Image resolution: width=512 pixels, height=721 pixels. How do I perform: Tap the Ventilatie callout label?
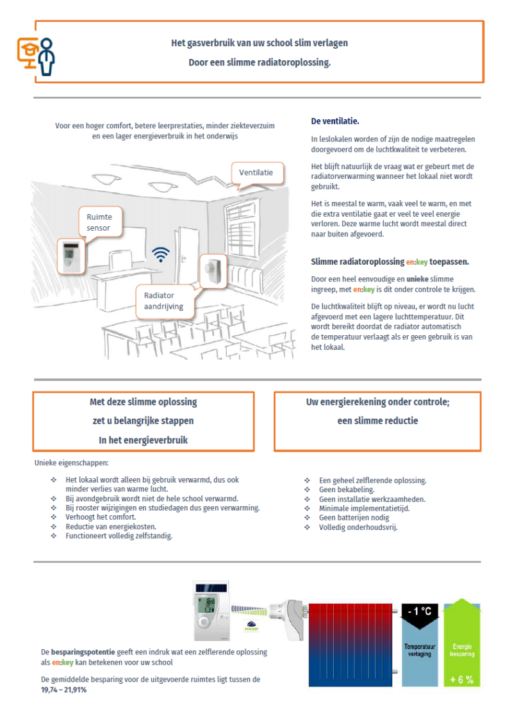tap(256, 172)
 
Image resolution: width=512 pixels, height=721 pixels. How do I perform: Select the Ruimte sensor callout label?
tap(99, 222)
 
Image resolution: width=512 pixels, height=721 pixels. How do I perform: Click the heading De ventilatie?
tap(335, 121)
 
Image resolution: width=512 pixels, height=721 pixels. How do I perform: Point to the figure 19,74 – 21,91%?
tap(63, 691)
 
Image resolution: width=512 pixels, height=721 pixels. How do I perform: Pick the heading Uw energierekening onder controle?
tap(377, 402)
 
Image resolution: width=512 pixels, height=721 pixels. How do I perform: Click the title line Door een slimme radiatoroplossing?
tap(260, 63)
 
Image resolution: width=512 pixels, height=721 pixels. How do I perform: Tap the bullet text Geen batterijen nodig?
tap(354, 518)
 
